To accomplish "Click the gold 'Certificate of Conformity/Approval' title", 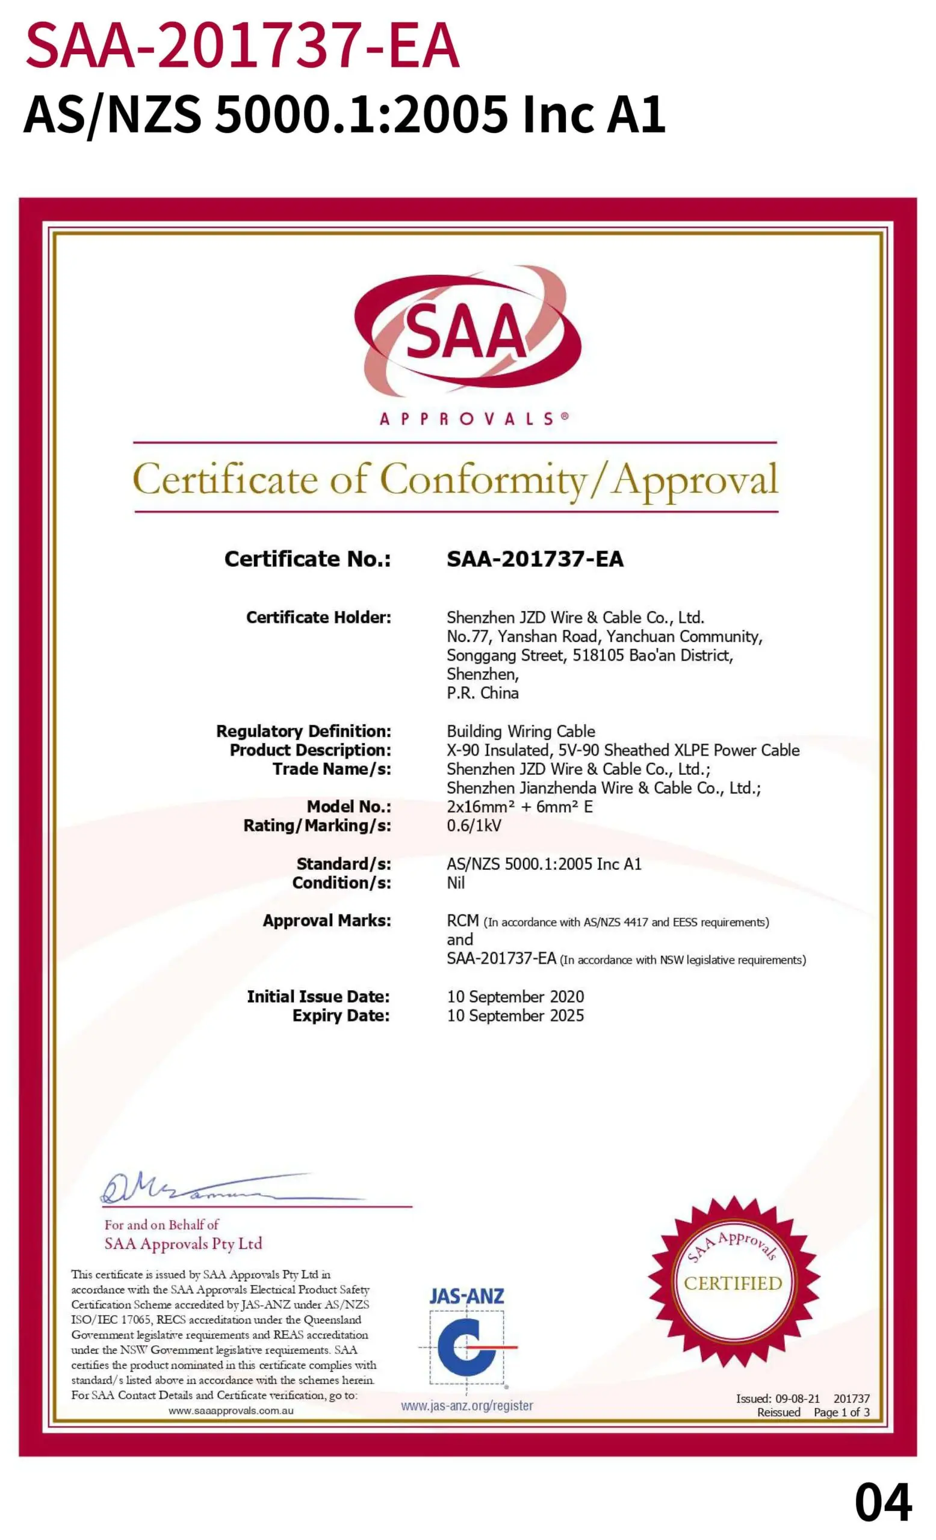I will (455, 480).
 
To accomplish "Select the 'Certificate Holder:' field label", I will (318, 617).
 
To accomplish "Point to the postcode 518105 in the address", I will (598, 655).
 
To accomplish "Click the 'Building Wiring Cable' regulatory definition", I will (520, 731).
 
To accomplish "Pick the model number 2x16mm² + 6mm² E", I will (519, 807).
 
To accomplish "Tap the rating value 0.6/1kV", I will (473, 825).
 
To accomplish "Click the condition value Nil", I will (455, 882).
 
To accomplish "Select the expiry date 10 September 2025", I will (515, 1015).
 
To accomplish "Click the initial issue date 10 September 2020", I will (515, 996).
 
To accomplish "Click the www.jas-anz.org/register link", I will (466, 1406).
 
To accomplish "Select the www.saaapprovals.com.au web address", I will (231, 1411).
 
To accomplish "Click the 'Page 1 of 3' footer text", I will (841, 1412).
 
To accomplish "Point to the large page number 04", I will (882, 1502).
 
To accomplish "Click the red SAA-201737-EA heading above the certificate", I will (243, 46).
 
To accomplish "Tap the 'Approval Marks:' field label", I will (326, 920).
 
